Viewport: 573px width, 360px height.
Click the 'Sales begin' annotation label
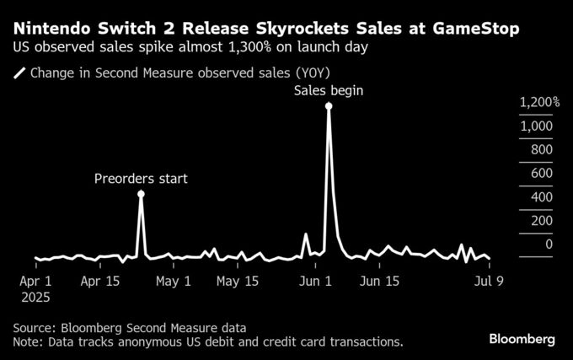point(329,90)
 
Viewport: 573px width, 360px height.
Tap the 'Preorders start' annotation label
point(141,179)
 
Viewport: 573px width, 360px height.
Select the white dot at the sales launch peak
point(329,106)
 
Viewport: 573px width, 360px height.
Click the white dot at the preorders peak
point(141,195)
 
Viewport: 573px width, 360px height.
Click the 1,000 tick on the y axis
point(537,126)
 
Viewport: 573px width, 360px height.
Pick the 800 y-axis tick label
point(541,150)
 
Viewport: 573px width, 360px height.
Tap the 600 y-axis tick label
point(541,174)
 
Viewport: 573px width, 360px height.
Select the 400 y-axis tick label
point(541,197)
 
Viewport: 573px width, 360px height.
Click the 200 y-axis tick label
point(541,221)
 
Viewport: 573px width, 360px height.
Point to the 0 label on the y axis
point(549,244)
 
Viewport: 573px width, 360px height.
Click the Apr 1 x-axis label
point(35,282)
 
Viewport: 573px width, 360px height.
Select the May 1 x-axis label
point(174,282)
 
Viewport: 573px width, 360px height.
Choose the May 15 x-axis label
point(237,282)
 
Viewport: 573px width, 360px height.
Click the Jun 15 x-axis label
point(378,282)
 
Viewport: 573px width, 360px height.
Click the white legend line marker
point(19,73)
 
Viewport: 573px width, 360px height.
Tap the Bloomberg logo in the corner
point(522,339)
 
